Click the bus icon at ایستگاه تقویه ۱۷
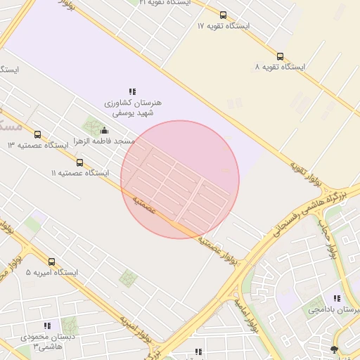coord(223,15)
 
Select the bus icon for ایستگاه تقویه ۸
coord(280,56)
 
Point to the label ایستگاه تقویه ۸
coord(280,67)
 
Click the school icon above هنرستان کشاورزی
coord(132,91)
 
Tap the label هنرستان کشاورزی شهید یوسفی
coord(133,108)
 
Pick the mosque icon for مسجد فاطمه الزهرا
coord(105,130)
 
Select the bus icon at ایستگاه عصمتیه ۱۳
coord(37,134)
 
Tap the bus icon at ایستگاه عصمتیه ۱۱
coord(79,162)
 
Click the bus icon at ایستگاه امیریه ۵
coord(52,262)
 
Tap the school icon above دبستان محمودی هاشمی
coord(47,326)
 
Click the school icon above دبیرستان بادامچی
coord(337,298)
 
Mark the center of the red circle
coord(180,179)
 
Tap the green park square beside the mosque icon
coord(91,127)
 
